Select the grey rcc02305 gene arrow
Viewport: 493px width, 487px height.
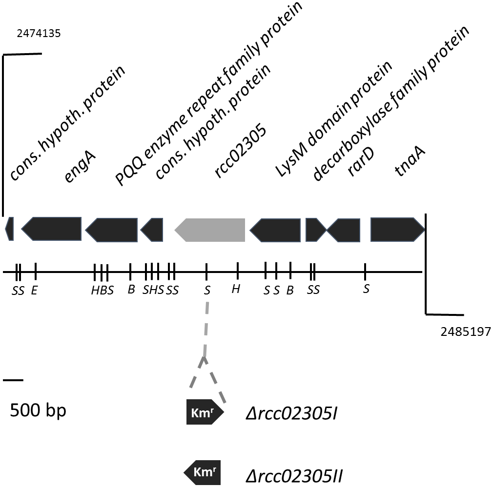(x=210, y=229)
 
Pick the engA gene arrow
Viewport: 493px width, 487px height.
(x=52, y=229)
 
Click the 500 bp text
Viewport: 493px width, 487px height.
(x=38, y=410)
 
